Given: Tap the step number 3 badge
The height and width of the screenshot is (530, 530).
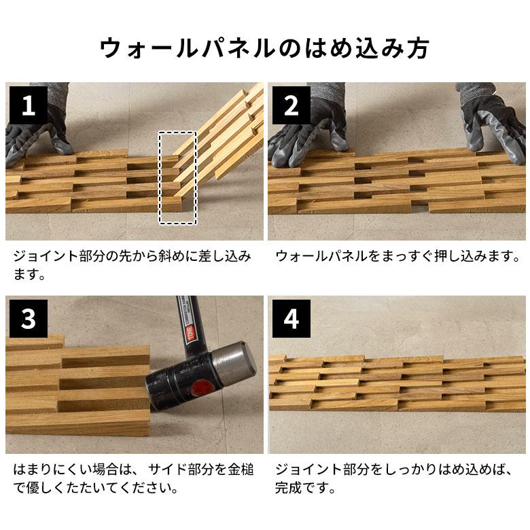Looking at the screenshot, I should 28,319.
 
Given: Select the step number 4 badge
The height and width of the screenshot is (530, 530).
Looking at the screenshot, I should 291,319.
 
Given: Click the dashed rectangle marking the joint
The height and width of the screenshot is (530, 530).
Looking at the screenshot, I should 177,177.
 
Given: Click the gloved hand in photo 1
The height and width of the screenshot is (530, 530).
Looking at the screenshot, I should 37,139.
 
